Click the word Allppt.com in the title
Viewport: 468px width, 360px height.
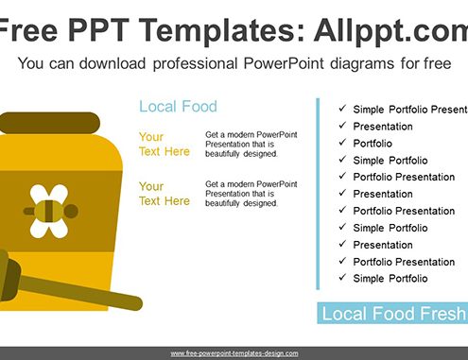(x=391, y=32)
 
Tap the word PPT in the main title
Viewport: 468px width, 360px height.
(x=98, y=30)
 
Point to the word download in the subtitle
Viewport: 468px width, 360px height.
(x=113, y=63)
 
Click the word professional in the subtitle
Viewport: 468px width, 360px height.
(x=195, y=63)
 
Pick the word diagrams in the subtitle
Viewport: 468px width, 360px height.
(x=362, y=64)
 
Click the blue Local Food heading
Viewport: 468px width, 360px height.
(x=178, y=107)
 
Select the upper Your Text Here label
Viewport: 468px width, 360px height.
(x=165, y=145)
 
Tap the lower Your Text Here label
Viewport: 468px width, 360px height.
(x=165, y=194)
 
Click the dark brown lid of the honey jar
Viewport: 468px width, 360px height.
(x=49, y=123)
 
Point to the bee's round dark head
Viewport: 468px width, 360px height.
(x=72, y=211)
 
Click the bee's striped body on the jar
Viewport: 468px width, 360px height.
(x=49, y=211)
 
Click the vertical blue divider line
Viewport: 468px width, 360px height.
(x=318, y=194)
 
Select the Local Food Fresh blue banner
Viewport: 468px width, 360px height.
(x=392, y=313)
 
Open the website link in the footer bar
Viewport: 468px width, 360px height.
(x=234, y=353)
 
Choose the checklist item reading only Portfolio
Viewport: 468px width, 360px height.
(x=373, y=144)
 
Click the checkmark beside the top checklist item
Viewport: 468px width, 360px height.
(x=342, y=109)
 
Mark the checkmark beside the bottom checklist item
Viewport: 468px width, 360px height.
(x=342, y=278)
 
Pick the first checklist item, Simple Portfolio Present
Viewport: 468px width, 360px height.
(x=410, y=110)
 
